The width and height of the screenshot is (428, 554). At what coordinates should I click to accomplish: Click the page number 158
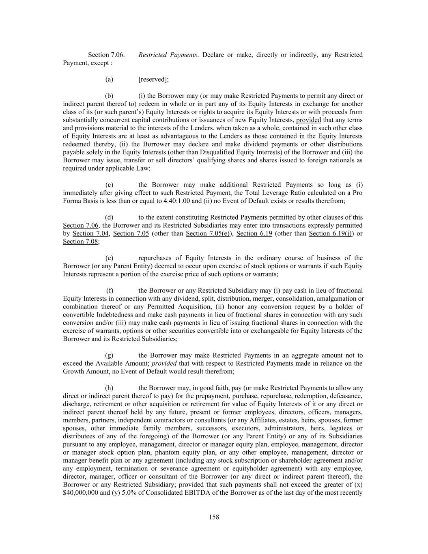pos(214,517)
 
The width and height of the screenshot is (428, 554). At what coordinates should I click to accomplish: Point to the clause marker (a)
pos(109,80)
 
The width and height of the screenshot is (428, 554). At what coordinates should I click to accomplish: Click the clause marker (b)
pos(109,96)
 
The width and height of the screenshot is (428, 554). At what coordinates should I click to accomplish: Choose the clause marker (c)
pos(109,185)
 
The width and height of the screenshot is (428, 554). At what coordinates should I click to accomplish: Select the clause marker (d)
pos(109,218)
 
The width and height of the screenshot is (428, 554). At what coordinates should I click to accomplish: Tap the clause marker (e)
pos(109,258)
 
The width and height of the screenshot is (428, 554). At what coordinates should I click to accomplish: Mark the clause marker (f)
pos(110,291)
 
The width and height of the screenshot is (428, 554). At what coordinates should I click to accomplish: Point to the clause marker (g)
pos(109,356)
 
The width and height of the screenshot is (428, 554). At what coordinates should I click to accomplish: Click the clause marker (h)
pos(109,388)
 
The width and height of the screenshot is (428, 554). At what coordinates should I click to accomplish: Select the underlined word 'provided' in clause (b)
pos(308,120)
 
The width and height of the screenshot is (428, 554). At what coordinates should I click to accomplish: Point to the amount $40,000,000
pos(80,493)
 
